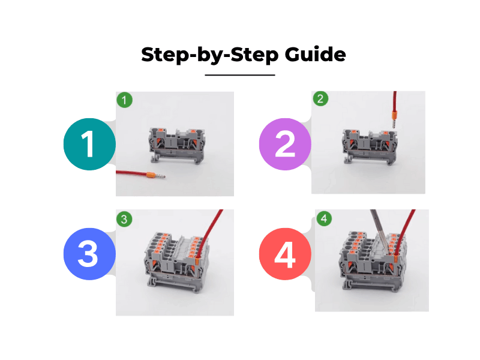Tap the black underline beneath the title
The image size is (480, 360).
(x=240, y=75)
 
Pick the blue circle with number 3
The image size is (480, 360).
(x=88, y=254)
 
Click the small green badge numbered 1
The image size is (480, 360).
(x=124, y=100)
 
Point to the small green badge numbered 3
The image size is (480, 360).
(x=124, y=219)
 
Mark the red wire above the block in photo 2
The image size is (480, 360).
(x=394, y=98)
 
